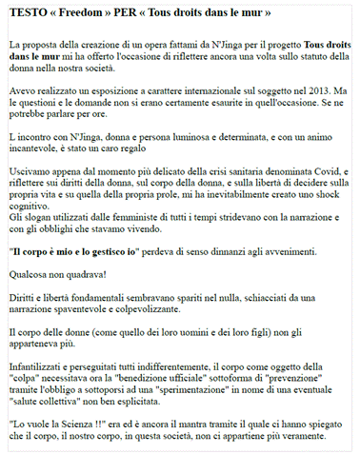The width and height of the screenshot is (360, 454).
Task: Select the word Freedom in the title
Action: (90, 13)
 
